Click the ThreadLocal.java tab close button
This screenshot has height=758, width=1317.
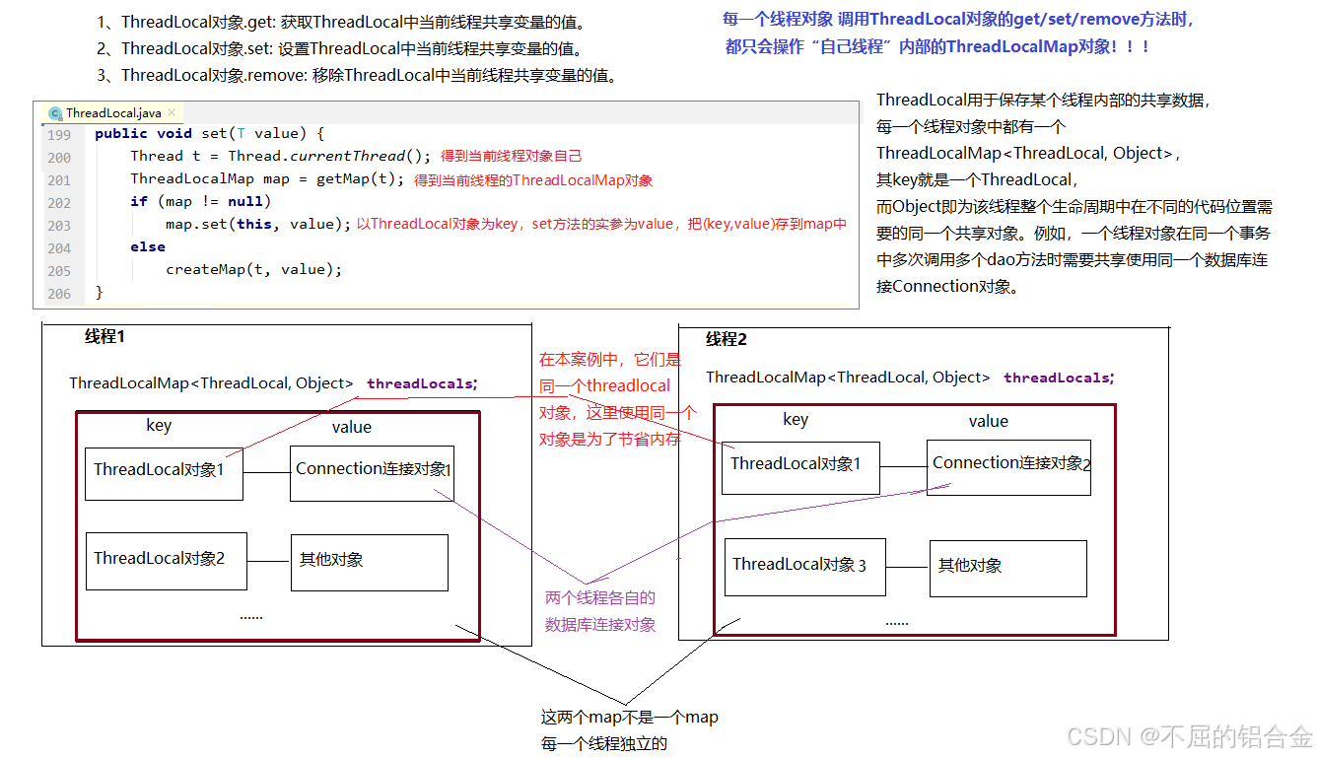[172, 113]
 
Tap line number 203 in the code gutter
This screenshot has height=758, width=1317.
[59, 225]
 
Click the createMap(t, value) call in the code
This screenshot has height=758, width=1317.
[253, 269]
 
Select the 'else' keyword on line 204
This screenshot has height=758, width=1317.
[148, 247]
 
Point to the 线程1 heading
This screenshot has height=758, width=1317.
[105, 336]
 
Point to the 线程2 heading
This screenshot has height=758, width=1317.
[727, 339]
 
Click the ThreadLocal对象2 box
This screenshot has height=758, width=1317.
[166, 561]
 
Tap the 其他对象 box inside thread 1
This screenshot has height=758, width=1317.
[369, 563]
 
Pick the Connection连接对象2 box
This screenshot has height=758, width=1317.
[1008, 466]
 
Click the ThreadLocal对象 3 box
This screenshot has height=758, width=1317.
[804, 567]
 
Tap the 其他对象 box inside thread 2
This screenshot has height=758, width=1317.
[1007, 568]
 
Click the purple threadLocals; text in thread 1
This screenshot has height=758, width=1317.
[422, 384]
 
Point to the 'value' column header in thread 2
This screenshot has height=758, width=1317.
[988, 421]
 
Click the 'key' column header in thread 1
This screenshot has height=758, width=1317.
[159, 426]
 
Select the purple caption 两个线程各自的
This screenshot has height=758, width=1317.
[600, 598]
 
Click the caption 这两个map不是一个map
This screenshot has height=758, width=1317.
[629, 718]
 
